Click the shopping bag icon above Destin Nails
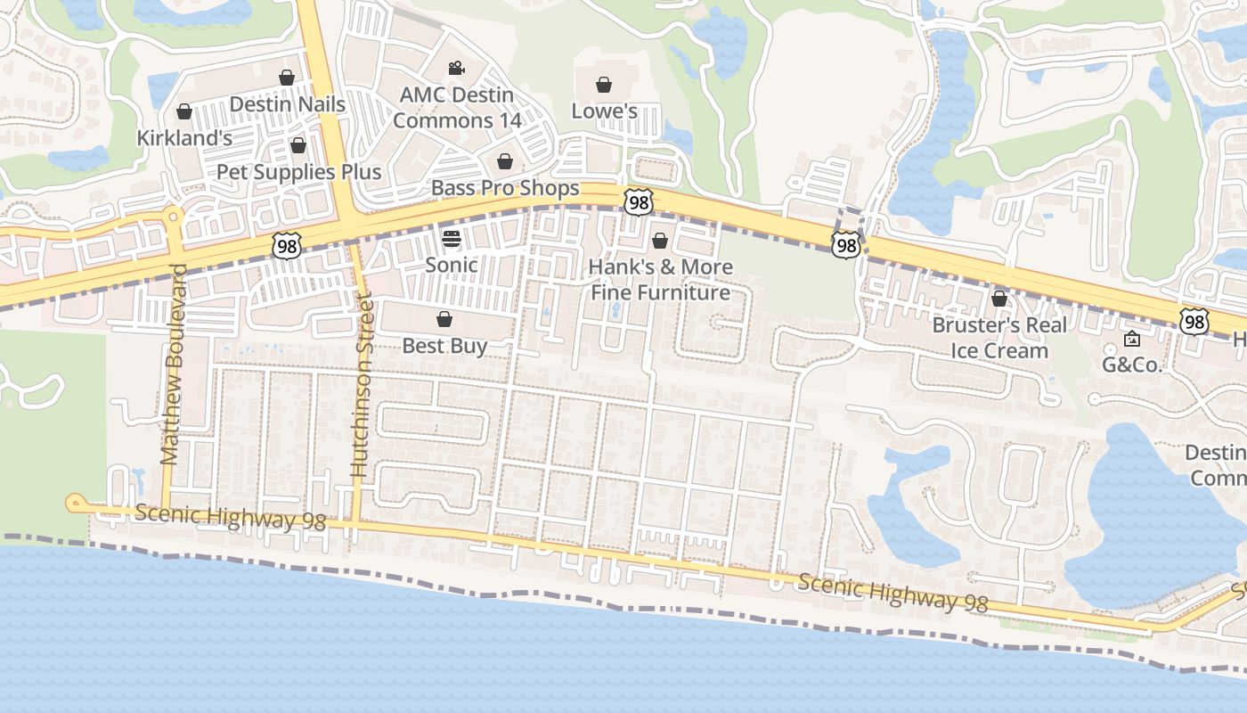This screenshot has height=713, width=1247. point(287,78)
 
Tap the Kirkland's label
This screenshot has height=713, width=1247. point(184,138)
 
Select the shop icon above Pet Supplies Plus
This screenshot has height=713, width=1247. point(298,145)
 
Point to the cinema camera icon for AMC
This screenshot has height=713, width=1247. point(456,69)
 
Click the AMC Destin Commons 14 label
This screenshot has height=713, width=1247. point(456,107)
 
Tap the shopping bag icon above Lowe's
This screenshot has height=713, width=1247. point(604,86)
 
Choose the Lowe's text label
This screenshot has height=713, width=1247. point(604,111)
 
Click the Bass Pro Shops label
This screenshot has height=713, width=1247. point(505,188)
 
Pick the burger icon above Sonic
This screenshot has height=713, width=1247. point(451,239)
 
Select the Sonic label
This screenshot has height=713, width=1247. point(451,265)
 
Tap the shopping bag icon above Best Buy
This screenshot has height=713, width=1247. point(444,319)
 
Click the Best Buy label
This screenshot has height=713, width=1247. point(444,346)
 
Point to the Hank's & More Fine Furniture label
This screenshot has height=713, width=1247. point(660,280)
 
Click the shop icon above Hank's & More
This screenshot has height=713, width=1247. point(660,242)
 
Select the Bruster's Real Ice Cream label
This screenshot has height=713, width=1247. point(999,338)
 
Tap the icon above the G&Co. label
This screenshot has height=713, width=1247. point(1132,339)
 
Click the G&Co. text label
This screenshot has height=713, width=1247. point(1132,365)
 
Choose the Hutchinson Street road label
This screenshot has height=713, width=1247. point(360,387)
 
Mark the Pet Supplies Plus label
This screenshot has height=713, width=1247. point(299,172)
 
